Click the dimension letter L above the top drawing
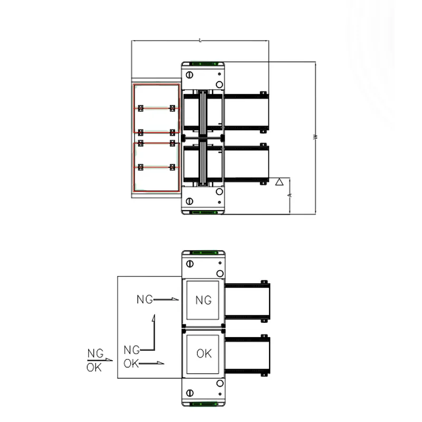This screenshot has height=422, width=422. point(200,40)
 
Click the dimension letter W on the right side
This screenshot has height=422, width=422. point(315,137)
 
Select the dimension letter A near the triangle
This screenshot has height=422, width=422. point(290,195)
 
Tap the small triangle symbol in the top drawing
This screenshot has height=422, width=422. point(280,182)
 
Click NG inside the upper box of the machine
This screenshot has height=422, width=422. point(203,300)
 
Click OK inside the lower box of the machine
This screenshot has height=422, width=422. point(204,353)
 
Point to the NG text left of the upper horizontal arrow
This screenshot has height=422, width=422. point(145,300)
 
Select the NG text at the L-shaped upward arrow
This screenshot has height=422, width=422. point(131,349)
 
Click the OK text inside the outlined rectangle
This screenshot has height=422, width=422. point(131,363)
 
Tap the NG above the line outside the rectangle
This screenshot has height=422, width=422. point(95,353)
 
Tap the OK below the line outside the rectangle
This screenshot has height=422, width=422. point(94,367)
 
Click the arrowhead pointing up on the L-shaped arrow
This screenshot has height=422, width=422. point(153,318)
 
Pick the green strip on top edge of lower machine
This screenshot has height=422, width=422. point(203,252)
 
